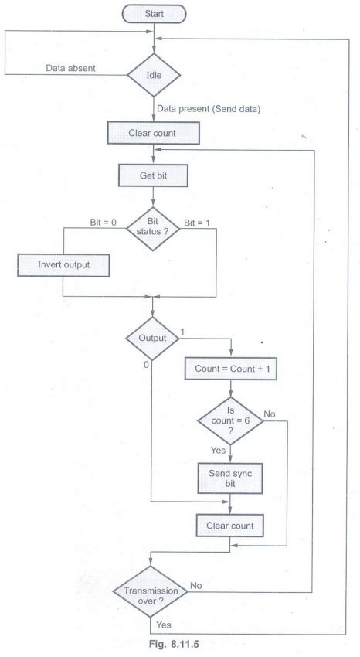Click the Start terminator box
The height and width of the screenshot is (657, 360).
coord(154,13)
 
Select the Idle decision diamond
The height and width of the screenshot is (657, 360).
coord(154,76)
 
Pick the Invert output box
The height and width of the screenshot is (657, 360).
coord(63,264)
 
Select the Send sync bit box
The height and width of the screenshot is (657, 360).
coord(229,478)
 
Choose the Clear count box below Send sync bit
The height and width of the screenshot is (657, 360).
coord(229,526)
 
